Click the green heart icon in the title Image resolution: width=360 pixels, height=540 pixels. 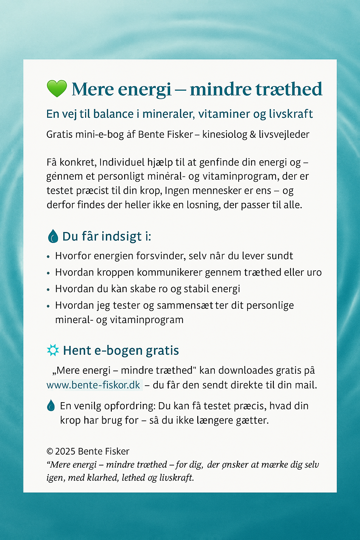point(57,89)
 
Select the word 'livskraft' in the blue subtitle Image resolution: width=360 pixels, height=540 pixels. point(291,114)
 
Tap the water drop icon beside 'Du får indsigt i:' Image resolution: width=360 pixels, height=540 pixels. point(53,236)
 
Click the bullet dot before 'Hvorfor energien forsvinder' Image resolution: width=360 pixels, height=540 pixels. point(49,257)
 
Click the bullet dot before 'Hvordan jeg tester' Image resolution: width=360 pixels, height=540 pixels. point(49,306)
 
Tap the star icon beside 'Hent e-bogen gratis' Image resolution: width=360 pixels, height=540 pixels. point(53,350)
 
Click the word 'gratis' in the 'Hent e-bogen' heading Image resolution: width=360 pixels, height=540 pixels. point(162,351)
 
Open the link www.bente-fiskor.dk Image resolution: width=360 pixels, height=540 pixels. point(94,385)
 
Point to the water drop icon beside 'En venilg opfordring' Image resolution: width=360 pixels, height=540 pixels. point(51,406)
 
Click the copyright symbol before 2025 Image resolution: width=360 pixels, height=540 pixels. point(50,451)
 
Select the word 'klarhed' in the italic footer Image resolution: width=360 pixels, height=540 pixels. point(103,478)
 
